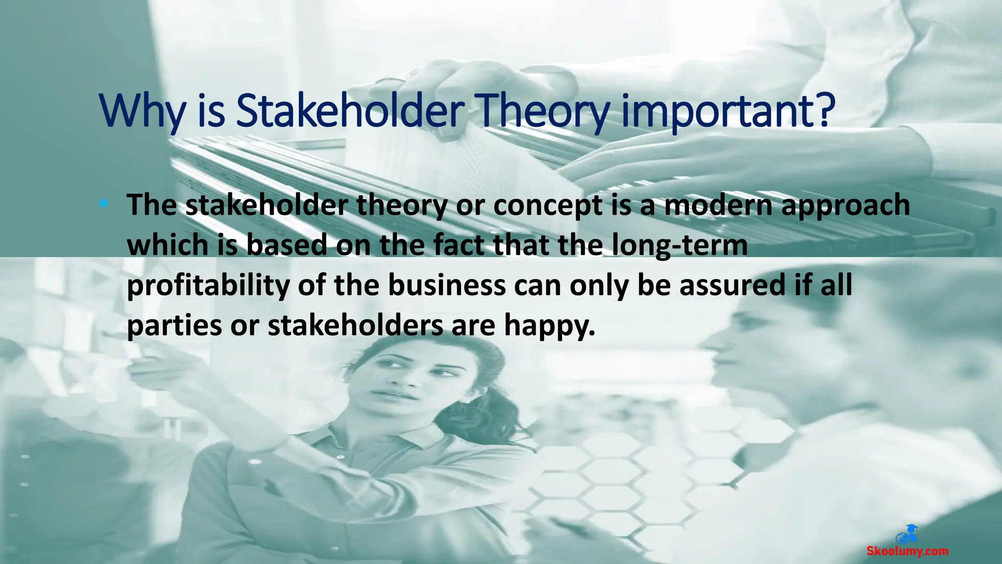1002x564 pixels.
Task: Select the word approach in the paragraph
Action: coord(845,206)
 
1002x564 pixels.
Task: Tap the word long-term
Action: coord(680,245)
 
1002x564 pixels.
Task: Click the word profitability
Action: coord(208,285)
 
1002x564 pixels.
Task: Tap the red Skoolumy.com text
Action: coord(908,551)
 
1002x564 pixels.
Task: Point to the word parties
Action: coord(174,326)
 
